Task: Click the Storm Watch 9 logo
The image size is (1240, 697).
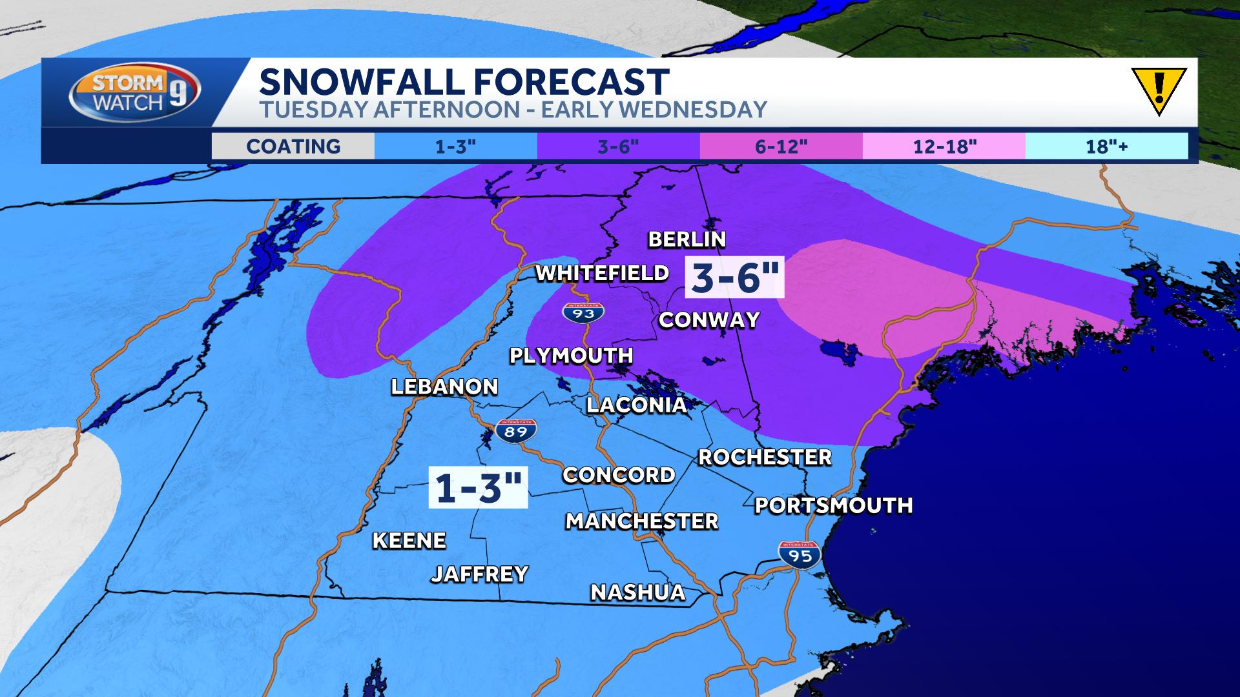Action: point(134,92)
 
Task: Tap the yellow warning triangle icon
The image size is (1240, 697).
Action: point(1159,90)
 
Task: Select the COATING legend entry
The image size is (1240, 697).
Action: point(293,146)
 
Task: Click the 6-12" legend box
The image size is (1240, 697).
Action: point(781,146)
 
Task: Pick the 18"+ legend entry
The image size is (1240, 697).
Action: point(1106,146)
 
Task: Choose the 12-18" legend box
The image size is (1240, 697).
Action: point(944,146)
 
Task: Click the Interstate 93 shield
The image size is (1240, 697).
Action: point(583,313)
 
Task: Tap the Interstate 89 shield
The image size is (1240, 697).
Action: point(516,431)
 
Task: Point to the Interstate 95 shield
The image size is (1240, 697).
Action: point(800,555)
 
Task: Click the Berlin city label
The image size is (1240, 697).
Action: point(687,239)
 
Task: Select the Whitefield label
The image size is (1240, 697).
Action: point(602,273)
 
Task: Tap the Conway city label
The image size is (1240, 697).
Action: point(708,320)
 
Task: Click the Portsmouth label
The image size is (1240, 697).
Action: point(833,505)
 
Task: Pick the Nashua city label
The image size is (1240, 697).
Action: point(637,592)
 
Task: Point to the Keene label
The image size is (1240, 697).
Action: point(409,540)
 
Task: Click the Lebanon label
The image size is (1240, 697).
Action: point(444,387)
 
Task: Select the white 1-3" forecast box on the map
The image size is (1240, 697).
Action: point(478,487)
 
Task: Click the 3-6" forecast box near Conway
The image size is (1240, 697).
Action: point(734,278)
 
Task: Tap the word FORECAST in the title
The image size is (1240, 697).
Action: point(571,82)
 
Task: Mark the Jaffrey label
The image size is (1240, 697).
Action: point(479,574)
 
